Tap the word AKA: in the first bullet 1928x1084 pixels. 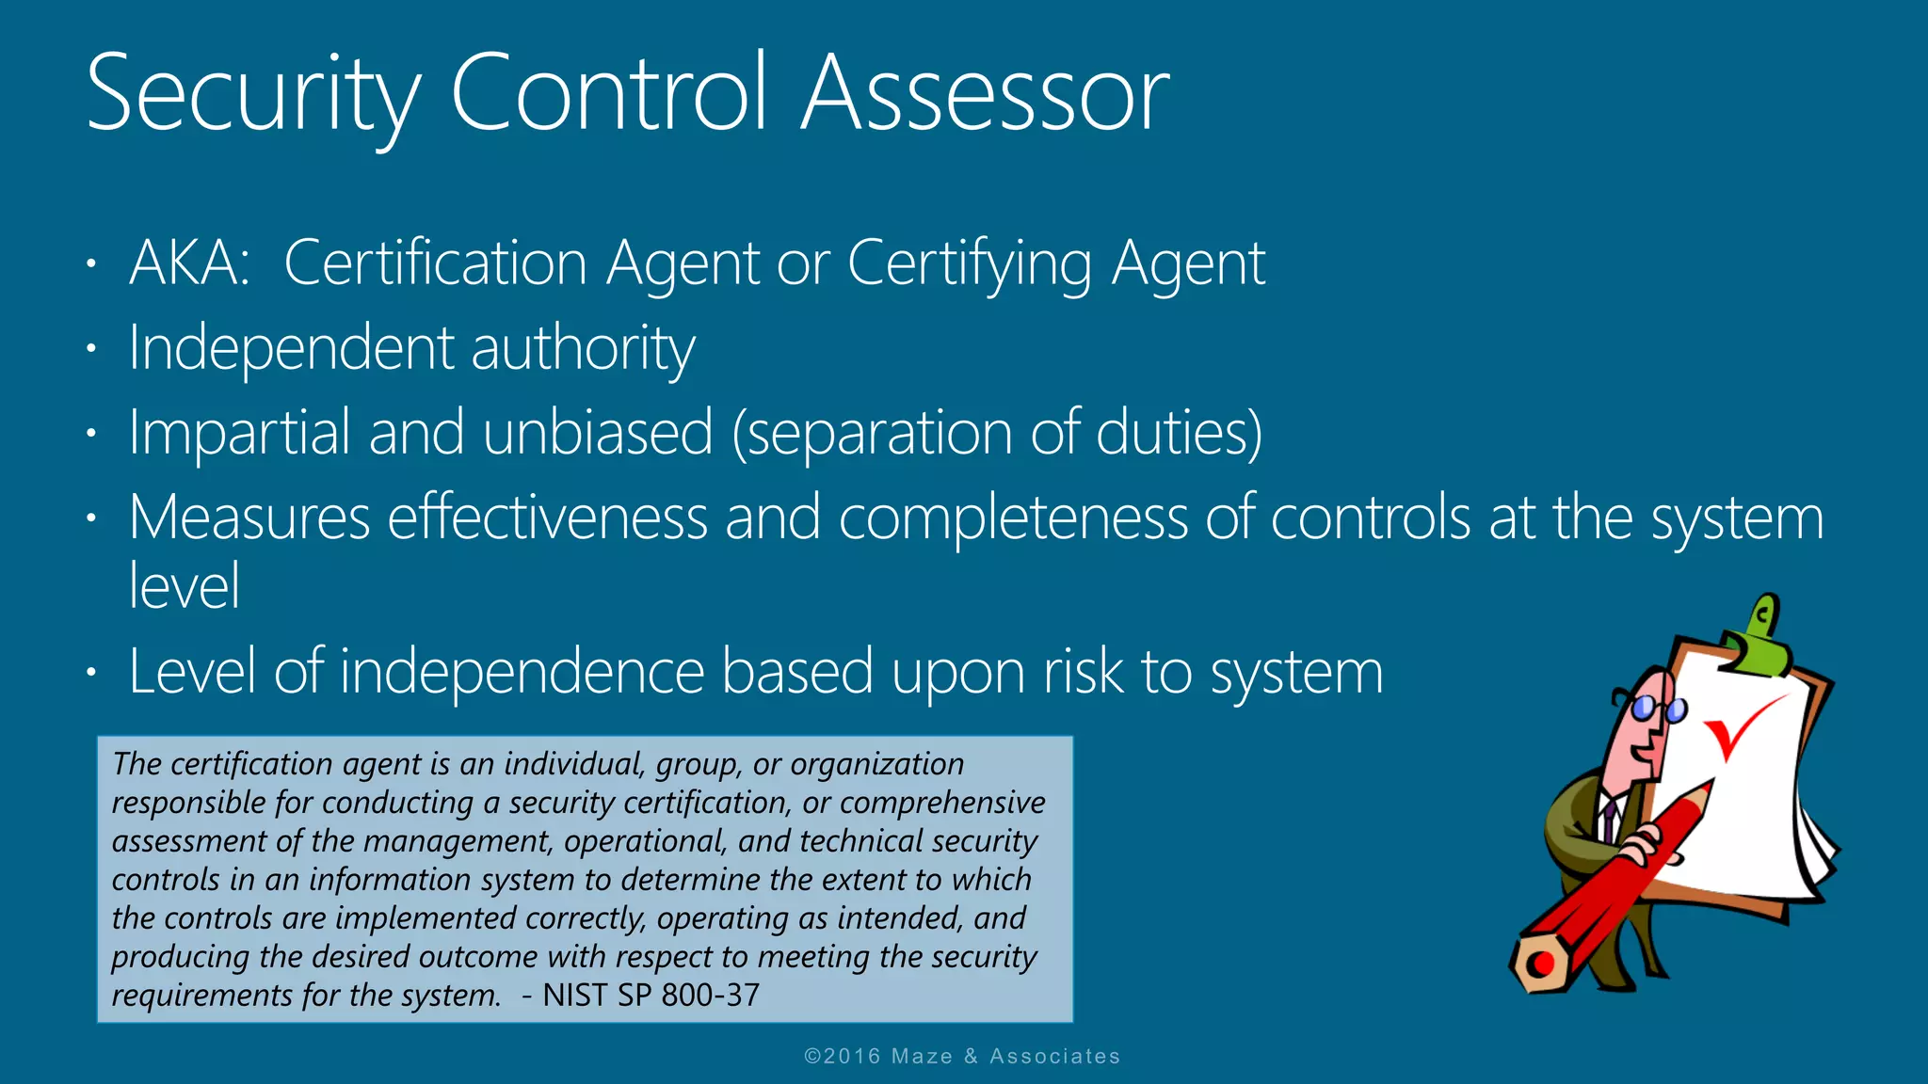click(x=189, y=263)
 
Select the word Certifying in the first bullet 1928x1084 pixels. click(x=970, y=264)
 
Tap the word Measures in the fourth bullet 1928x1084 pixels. click(x=249, y=518)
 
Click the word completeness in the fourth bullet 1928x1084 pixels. click(x=1013, y=519)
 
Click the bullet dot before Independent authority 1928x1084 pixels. click(x=91, y=349)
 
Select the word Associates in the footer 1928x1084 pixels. click(x=1054, y=1057)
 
